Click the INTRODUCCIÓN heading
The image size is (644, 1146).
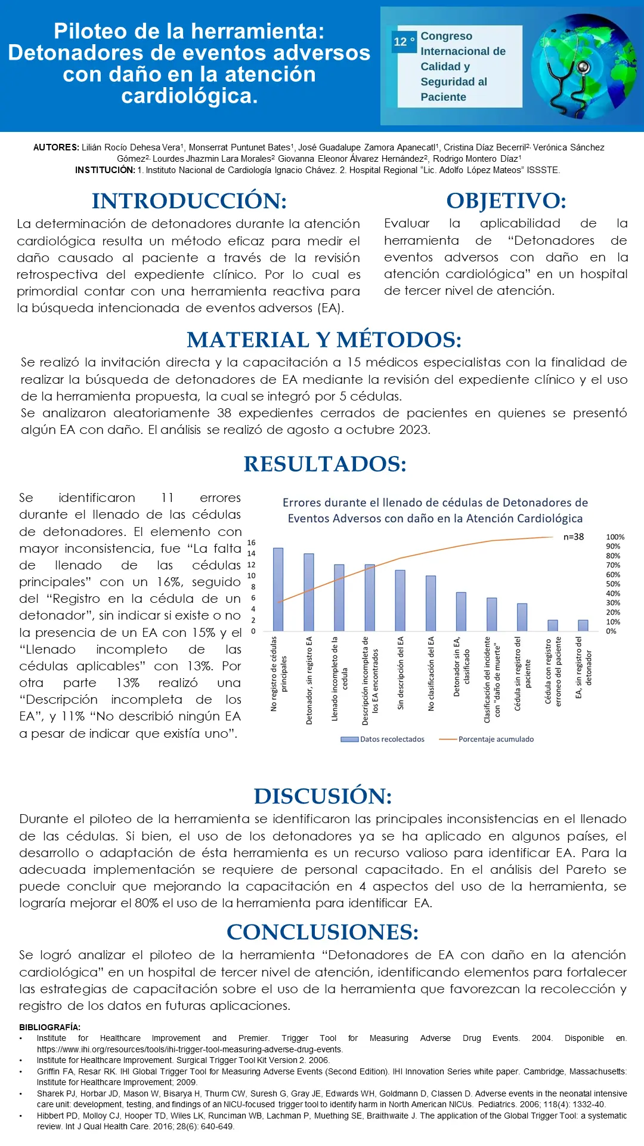point(189,201)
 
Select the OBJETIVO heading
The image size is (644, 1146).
point(506,201)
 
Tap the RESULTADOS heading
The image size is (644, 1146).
point(325,464)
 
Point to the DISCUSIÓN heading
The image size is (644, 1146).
point(323,796)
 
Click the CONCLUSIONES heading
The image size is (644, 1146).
point(323,932)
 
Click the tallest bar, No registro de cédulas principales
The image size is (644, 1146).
point(278,589)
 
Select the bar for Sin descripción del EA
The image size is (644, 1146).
point(400,600)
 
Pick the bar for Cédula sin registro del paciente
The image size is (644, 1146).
point(522,617)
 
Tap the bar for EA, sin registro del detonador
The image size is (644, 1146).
point(583,626)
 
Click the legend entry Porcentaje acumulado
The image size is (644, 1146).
point(496,739)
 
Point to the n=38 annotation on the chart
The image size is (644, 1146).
point(574,537)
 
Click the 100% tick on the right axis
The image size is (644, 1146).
point(615,537)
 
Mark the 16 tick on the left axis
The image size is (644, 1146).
point(251,543)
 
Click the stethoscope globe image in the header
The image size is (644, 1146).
point(584,67)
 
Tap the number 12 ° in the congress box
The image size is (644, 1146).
point(404,42)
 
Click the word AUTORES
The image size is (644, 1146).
point(56,147)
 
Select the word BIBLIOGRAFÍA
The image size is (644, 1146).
point(49,1027)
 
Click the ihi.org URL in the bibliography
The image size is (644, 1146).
point(190,1049)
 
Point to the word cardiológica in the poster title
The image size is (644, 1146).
point(189,95)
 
